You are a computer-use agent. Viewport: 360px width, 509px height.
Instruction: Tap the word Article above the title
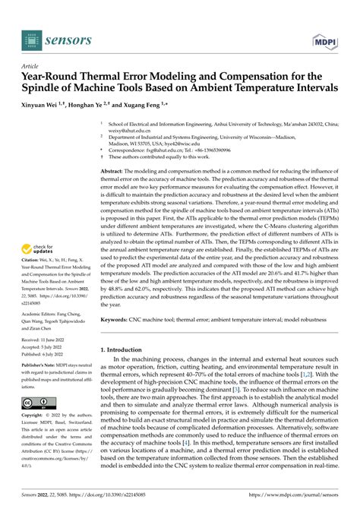[30, 67]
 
